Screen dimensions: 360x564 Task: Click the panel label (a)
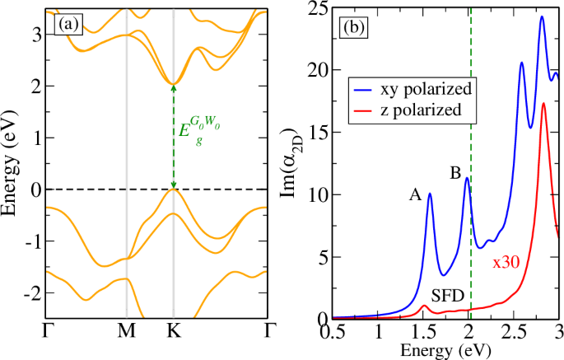[x=67, y=25]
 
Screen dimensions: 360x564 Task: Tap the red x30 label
[x=506, y=262]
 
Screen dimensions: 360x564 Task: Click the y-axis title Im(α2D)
[x=301, y=165]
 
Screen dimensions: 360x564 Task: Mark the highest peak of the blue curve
[x=542, y=16]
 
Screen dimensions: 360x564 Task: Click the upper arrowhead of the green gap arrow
[x=173, y=86]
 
